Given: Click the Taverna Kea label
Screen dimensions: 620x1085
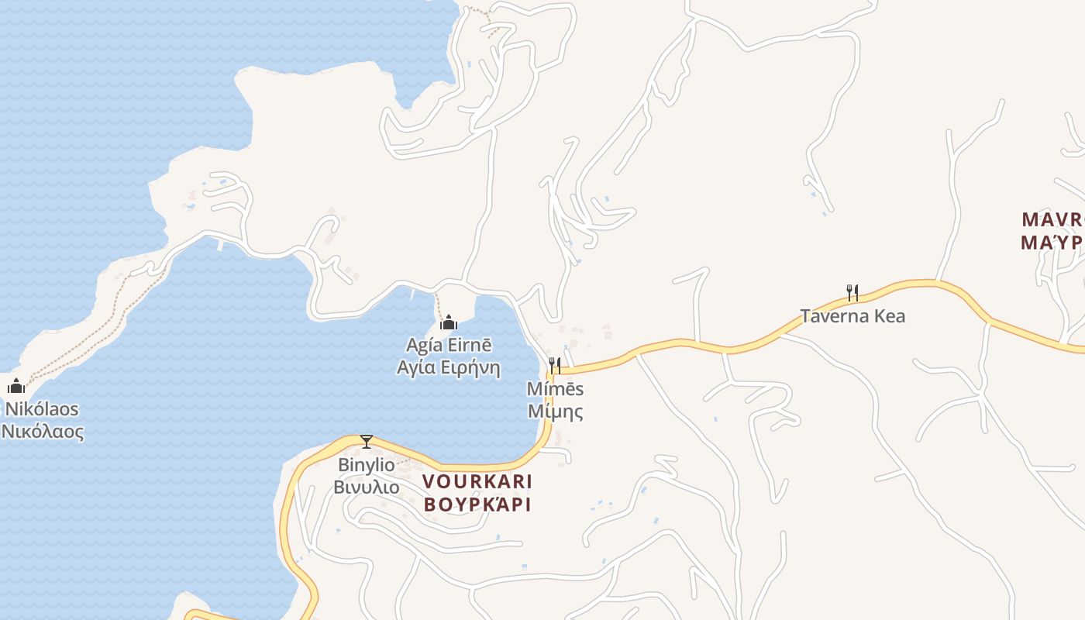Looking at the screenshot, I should pos(852,316).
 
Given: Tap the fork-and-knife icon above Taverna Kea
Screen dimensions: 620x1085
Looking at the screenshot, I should pos(852,292).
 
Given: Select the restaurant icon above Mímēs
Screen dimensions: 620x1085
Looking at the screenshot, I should pos(555,365).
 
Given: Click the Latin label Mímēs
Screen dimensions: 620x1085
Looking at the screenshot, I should pos(555,389).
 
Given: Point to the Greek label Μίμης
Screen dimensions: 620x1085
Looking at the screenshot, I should pos(555,412).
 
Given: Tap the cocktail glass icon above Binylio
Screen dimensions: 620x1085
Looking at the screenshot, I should pos(367,442).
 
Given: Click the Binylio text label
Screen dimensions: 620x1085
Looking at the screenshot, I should pos(367,466).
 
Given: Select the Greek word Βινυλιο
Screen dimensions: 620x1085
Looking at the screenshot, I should pos(367,487).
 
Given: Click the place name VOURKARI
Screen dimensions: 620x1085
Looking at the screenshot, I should pos(477,481).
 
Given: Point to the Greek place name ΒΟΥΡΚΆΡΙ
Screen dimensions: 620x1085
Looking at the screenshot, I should pos(477,504).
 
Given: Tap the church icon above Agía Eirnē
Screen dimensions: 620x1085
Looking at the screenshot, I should pos(448,322).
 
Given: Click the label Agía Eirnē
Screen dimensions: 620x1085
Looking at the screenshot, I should pos(449,345).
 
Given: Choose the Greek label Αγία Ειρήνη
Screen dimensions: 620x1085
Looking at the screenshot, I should pos(448,367).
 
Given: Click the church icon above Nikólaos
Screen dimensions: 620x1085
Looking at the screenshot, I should pos(16,385).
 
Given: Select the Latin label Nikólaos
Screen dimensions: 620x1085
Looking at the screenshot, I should pos(42,409).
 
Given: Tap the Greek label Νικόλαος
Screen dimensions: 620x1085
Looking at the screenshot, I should pos(42,432).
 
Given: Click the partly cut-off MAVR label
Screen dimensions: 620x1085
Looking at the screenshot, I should pos(1052,219).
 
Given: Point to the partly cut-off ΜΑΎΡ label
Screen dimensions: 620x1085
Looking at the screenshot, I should pos(1052,243).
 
